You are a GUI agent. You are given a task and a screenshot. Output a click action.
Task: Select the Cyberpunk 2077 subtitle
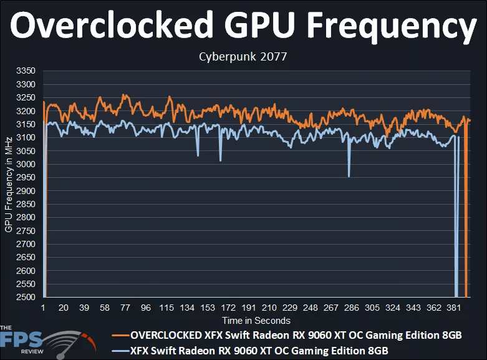pos(243,57)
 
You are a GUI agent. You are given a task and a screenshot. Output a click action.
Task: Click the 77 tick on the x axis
pos(125,308)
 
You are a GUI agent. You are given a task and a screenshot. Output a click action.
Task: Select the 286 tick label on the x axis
pos(351,308)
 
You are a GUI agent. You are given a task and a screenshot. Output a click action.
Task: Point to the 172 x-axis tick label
pos(228,308)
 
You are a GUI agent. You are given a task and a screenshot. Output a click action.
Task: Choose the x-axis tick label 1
pos(43,308)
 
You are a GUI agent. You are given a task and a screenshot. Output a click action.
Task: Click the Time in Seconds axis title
pos(256,321)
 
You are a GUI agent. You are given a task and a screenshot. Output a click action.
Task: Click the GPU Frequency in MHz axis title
pos(9,184)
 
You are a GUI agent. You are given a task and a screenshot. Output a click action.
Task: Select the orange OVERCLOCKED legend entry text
pos(296,335)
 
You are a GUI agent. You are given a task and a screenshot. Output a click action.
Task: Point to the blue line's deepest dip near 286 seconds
pos(349,176)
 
